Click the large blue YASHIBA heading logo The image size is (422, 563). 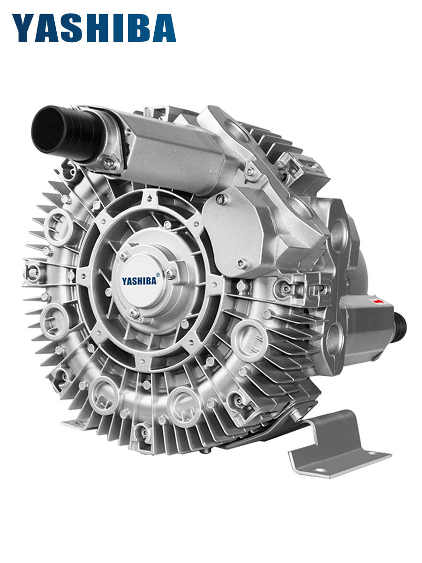(x=94, y=28)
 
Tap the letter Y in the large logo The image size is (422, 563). (x=23, y=28)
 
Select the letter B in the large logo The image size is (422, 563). (x=141, y=28)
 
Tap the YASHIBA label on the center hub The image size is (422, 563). (x=139, y=281)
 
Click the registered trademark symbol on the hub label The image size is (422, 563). (x=158, y=274)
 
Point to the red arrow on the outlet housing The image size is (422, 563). (x=379, y=301)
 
